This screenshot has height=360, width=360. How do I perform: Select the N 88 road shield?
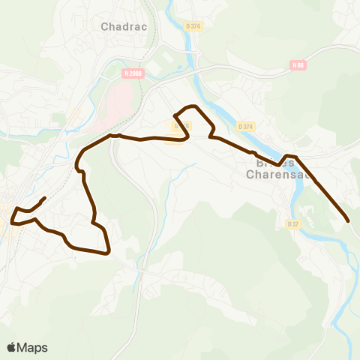pos(298,65)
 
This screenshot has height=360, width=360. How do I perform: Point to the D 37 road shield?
pos(292,224)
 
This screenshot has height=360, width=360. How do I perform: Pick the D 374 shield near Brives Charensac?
pos(245,126)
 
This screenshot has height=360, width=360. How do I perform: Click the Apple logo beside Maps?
pos(12,347)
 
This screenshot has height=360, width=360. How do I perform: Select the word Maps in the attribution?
pos(33,347)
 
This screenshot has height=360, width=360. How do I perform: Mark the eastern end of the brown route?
pos(349,220)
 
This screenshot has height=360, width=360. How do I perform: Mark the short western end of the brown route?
pos(45,198)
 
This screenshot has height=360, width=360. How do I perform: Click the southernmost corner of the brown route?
pos(109,253)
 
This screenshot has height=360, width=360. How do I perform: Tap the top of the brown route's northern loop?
pos(192,106)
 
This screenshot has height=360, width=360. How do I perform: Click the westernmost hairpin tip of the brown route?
pos(13,220)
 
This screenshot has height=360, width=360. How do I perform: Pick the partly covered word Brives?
pos(265,162)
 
